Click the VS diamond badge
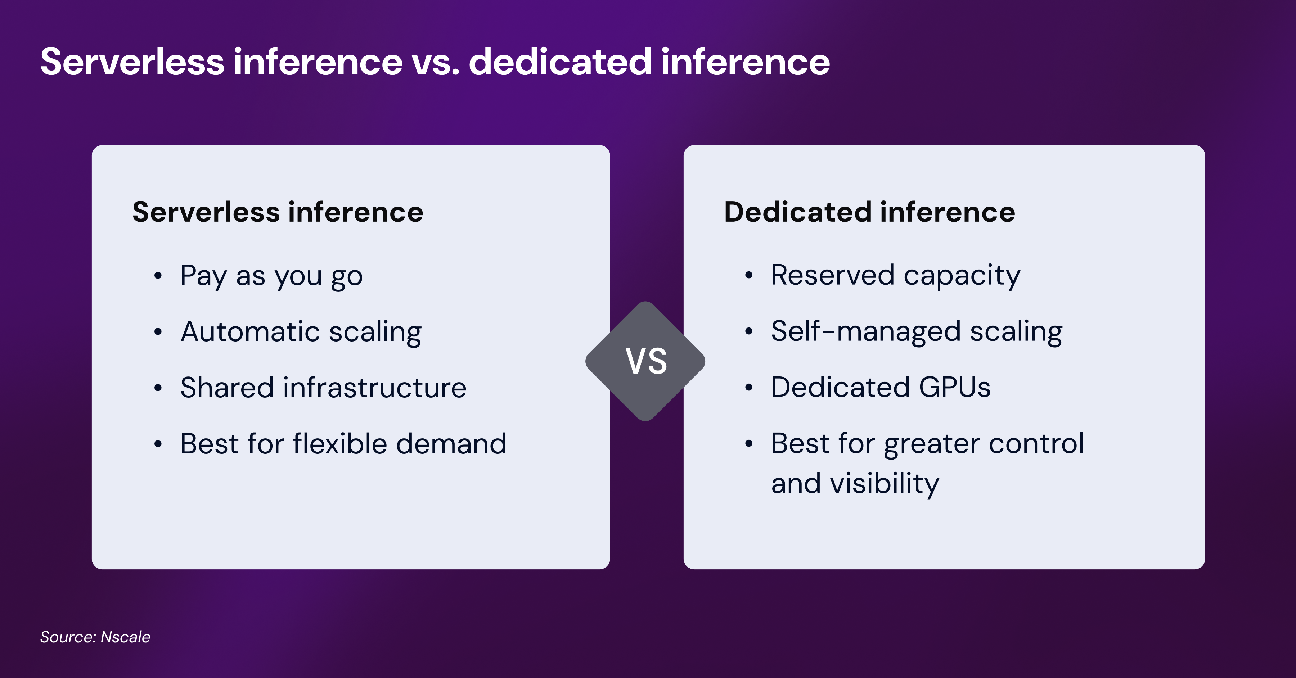(x=645, y=361)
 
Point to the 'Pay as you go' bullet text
(x=272, y=276)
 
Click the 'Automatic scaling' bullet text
(x=301, y=332)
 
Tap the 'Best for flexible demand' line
(x=343, y=444)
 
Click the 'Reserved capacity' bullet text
(x=896, y=276)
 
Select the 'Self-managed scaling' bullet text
(x=917, y=331)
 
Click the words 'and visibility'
(x=855, y=484)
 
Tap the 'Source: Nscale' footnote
(x=95, y=637)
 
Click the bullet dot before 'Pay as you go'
(x=158, y=276)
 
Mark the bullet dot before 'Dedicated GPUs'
(x=749, y=387)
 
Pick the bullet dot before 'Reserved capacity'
(x=749, y=275)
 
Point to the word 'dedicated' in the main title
(x=560, y=62)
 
